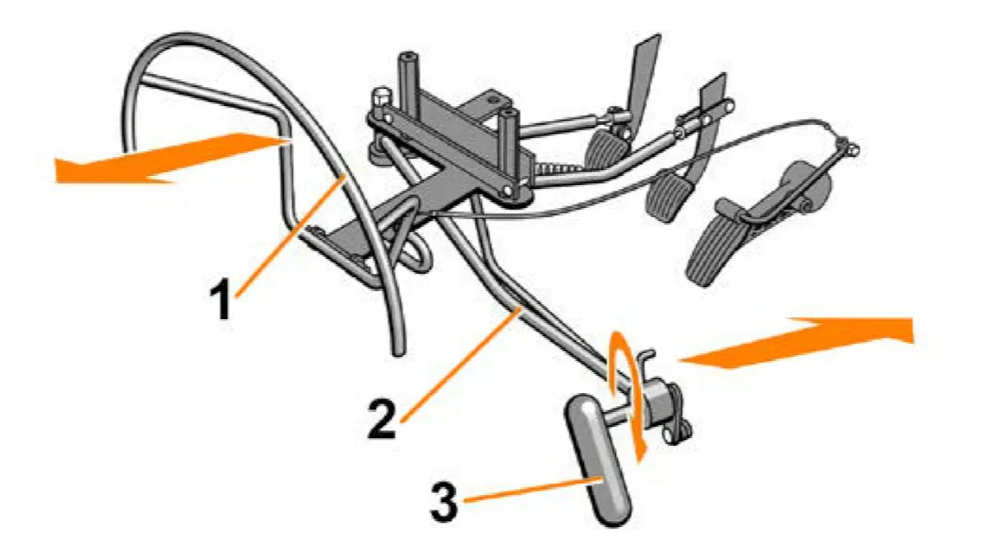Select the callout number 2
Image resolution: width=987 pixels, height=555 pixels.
382,419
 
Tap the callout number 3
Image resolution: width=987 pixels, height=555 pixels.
444,502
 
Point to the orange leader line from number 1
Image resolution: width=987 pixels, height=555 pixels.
291,236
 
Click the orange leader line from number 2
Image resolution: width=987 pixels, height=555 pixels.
460,366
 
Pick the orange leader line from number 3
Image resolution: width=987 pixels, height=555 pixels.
532,489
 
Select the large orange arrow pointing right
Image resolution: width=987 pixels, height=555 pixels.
795,343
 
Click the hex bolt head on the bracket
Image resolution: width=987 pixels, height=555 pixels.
383,96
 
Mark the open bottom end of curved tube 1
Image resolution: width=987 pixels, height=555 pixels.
398,352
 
